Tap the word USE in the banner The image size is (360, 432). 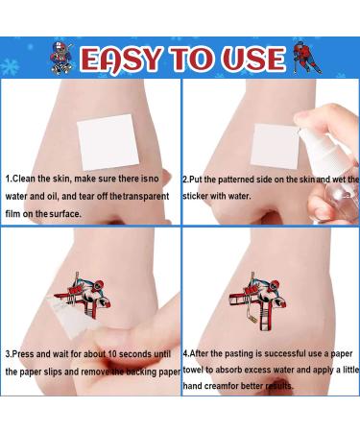pos(253,59)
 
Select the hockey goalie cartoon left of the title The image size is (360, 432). pos(61,59)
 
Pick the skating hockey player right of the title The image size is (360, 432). pos(308,58)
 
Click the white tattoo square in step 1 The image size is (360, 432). pos(109,142)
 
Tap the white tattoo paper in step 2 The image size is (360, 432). pos(275,148)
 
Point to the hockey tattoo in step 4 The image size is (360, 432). pos(258,300)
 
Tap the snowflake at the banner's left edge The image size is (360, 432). pos(9,66)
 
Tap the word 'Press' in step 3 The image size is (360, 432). pos(23,354)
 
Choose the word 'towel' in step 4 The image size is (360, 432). pos(193,370)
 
